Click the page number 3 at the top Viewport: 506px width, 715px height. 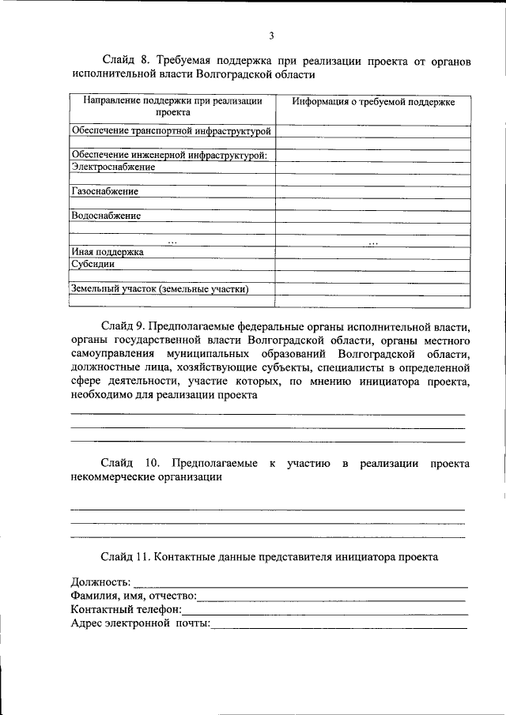pos(270,36)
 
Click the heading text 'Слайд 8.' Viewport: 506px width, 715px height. pos(126,60)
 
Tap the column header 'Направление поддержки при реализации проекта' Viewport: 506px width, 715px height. pos(172,107)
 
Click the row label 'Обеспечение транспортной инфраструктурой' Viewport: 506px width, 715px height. pos(171,130)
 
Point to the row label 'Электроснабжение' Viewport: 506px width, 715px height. pos(113,167)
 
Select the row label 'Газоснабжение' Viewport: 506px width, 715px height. pos(104,191)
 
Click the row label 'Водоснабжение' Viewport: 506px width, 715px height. pos(106,216)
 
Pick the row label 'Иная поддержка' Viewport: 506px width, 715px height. pos(107,252)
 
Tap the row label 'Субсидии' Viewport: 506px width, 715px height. pos(93,264)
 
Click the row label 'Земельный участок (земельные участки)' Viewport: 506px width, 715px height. pos(160,288)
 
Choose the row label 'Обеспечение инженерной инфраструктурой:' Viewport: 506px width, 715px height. pos(169,155)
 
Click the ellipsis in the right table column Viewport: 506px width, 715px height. pos(373,241)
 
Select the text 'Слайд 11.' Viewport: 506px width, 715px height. pos(127,556)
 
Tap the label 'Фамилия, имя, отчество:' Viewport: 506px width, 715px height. pos(134,596)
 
